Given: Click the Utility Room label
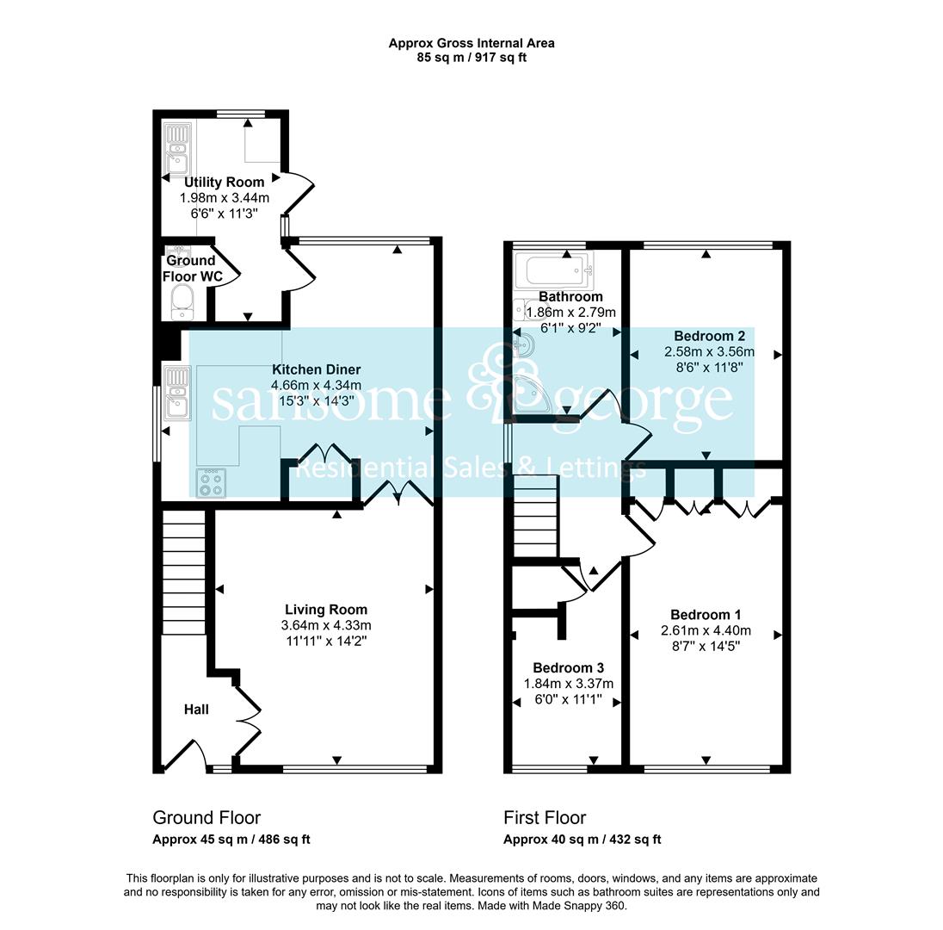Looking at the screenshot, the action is click(x=225, y=182).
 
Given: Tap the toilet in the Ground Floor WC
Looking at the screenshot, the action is click(x=182, y=301).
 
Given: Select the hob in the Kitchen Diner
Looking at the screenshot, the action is click(x=211, y=483).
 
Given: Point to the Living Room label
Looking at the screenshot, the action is click(x=326, y=610).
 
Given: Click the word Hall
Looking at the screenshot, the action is click(x=196, y=710).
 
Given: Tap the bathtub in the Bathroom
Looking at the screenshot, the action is click(x=555, y=270).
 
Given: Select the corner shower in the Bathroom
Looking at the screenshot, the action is click(x=532, y=394).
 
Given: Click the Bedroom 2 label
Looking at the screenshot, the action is click(x=710, y=336).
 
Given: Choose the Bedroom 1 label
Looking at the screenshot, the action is click(x=706, y=615).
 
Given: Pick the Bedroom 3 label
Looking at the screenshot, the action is click(x=569, y=667).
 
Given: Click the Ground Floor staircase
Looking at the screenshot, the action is click(x=184, y=573).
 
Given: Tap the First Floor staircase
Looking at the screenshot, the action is click(x=535, y=517).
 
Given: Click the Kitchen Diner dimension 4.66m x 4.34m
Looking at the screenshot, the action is click(x=317, y=385).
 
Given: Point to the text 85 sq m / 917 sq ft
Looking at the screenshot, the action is click(x=471, y=58).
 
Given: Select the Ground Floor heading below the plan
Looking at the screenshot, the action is click(x=206, y=817).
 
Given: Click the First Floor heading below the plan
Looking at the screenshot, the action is click(x=545, y=817).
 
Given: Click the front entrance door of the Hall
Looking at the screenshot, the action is click(x=185, y=753).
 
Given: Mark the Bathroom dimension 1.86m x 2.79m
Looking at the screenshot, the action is click(x=570, y=313).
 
